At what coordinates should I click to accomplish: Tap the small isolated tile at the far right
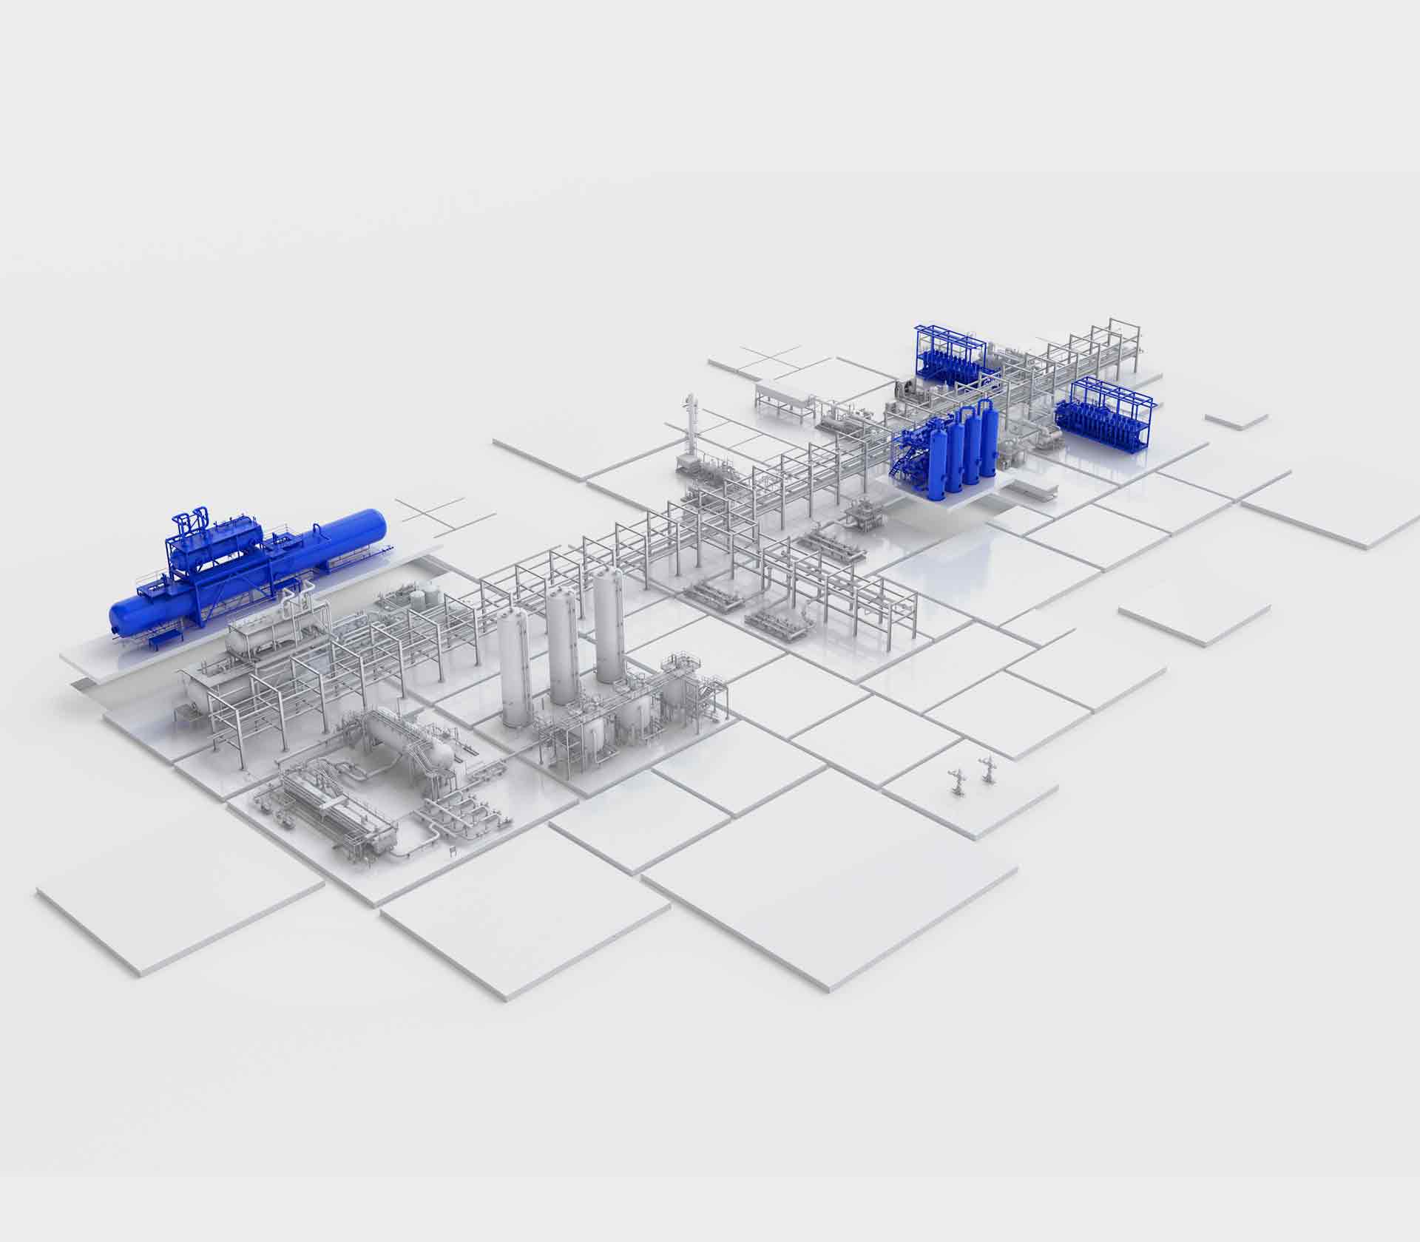point(1236,419)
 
